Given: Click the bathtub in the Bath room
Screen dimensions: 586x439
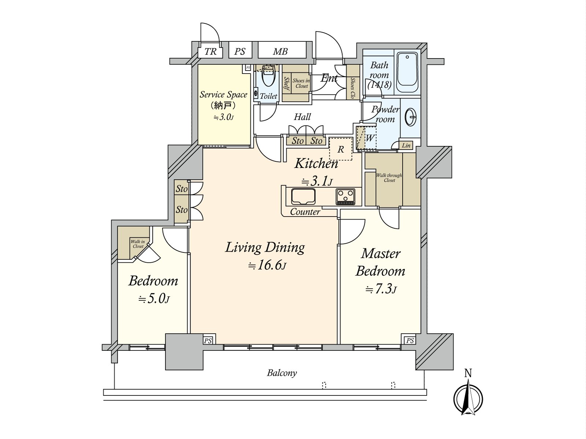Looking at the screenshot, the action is (407, 72).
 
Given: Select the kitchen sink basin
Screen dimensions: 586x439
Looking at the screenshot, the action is (303, 196).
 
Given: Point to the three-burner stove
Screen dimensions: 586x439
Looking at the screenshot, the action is (345, 197).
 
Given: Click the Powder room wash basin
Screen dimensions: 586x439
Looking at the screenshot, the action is (410, 117).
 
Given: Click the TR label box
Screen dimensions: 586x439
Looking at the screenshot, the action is (210, 52).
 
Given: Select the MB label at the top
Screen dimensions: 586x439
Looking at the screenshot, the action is (280, 52).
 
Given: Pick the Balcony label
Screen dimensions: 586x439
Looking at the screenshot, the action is (282, 373).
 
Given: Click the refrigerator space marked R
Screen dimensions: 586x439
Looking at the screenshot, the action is (341, 149).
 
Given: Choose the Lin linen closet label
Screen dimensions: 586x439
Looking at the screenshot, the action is (406, 145).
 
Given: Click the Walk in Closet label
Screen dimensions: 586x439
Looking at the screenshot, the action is (138, 244).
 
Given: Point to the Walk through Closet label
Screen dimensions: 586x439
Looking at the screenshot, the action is (389, 177).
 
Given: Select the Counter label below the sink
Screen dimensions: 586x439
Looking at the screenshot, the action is (305, 212).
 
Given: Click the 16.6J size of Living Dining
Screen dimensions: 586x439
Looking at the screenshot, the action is (267, 266).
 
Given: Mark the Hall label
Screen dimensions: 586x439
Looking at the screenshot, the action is (302, 117).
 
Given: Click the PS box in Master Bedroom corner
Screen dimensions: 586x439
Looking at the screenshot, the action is (410, 340).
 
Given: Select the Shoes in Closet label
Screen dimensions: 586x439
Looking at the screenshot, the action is (301, 83).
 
